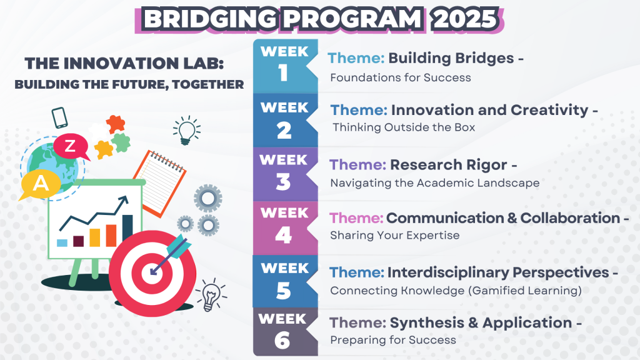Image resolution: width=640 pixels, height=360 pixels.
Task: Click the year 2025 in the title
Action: coord(465,19)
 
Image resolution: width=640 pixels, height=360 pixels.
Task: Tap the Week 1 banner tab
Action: coord(285,66)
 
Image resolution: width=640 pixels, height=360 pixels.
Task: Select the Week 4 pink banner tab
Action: coord(285,228)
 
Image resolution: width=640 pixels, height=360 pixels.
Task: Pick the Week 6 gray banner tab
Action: coord(285,331)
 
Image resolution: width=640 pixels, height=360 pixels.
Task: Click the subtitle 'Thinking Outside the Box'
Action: coord(404,127)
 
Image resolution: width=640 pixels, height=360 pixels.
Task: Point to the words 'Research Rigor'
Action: coord(449,164)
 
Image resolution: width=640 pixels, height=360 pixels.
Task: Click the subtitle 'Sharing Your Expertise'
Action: coord(395,236)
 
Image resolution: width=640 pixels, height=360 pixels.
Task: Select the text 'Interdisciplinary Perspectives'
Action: coord(498,272)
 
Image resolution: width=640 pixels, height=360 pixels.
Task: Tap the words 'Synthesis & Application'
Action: coord(481,322)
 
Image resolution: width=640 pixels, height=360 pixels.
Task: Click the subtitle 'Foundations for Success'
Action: coord(401,77)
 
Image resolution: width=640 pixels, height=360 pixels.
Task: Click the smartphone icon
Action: coord(59,117)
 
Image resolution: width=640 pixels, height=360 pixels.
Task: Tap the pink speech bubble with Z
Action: coord(71,146)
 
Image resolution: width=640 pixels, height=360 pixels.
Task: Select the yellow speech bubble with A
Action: coord(40,184)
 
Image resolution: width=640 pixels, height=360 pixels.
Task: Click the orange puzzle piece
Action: coord(116,124)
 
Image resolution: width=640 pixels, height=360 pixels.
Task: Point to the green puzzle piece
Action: coord(121,142)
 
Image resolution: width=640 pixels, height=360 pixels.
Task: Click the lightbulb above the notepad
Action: coord(186,131)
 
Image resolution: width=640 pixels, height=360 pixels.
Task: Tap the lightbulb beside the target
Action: coord(211,295)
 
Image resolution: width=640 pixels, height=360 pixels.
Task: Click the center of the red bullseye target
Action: coord(152,273)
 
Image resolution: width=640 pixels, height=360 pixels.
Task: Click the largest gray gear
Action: coord(207,199)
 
